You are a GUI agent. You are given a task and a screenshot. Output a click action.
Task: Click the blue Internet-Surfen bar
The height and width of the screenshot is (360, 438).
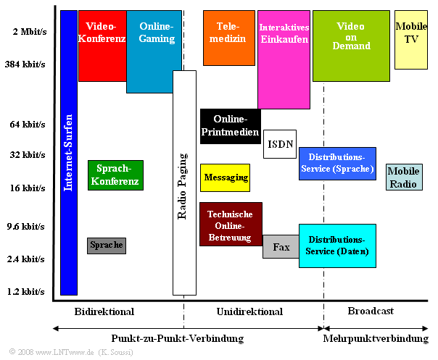pyautogui.click(x=69, y=152)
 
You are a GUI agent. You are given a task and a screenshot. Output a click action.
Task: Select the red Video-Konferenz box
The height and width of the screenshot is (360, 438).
pyautogui.click(x=102, y=45)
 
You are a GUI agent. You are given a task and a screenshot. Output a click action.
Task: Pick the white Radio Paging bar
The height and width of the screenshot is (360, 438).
pyautogui.click(x=184, y=183)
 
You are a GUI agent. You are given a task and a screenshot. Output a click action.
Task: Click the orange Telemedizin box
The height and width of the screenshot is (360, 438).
pyautogui.click(x=228, y=38)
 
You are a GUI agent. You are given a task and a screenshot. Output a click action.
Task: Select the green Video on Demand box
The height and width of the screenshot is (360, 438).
pyautogui.click(x=351, y=45)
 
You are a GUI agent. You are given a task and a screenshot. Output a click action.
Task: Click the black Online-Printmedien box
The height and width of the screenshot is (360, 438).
pyautogui.click(x=230, y=126)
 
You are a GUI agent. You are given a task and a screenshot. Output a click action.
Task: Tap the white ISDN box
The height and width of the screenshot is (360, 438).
pyautogui.click(x=279, y=144)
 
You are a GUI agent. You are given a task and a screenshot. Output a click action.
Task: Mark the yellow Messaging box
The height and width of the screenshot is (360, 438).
pyautogui.click(x=225, y=177)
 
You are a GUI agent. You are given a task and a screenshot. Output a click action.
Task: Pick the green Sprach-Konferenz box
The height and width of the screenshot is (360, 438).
pyautogui.click(x=115, y=175)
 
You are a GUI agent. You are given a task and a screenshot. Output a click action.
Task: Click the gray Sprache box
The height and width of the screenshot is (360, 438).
pyautogui.click(x=107, y=246)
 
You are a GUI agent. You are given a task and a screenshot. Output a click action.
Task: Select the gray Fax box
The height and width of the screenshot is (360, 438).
pyautogui.click(x=281, y=247)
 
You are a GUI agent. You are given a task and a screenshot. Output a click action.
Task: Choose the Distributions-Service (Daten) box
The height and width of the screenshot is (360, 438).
pyautogui.click(x=336, y=246)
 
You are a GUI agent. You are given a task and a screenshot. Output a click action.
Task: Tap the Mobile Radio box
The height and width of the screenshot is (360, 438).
pyautogui.click(x=404, y=177)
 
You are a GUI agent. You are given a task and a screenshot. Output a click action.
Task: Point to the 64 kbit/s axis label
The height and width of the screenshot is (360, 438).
pyautogui.click(x=28, y=124)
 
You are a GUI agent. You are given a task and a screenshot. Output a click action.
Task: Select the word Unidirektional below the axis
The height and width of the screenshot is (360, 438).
pyautogui.click(x=249, y=311)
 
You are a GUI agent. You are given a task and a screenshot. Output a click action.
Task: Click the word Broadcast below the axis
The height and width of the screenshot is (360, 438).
pyautogui.click(x=371, y=311)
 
